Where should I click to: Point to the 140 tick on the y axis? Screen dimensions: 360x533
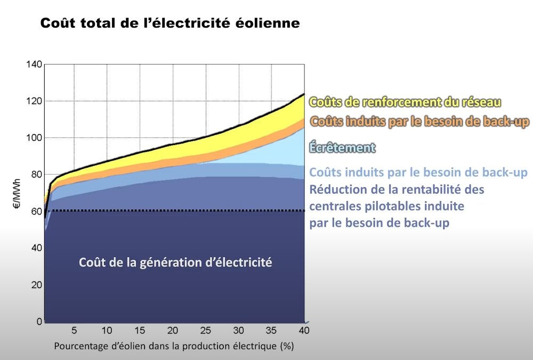click(x=34, y=65)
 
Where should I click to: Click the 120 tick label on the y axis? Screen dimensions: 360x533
click(x=34, y=101)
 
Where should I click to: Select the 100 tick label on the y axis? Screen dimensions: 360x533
click(x=34, y=138)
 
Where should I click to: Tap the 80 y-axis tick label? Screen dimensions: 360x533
click(x=36, y=175)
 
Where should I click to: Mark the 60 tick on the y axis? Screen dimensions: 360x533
click(x=36, y=211)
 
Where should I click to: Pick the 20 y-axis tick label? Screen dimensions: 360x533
click(x=36, y=285)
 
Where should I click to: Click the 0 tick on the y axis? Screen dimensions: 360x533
click(x=38, y=322)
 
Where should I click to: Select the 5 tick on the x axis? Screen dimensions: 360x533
click(x=75, y=330)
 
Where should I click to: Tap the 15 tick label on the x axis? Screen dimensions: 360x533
click(x=140, y=330)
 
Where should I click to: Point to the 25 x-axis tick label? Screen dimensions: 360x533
click(x=206, y=330)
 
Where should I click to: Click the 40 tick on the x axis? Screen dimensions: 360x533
click(x=304, y=330)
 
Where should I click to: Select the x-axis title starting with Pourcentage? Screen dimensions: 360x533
click(x=174, y=346)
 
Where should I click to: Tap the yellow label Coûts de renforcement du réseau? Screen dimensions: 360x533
click(x=405, y=102)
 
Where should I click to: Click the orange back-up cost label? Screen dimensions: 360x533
click(x=419, y=122)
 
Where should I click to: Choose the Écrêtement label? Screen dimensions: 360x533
click(x=342, y=148)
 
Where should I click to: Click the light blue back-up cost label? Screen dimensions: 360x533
click(x=418, y=173)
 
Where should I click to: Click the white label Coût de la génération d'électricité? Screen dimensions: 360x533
click(x=175, y=263)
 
